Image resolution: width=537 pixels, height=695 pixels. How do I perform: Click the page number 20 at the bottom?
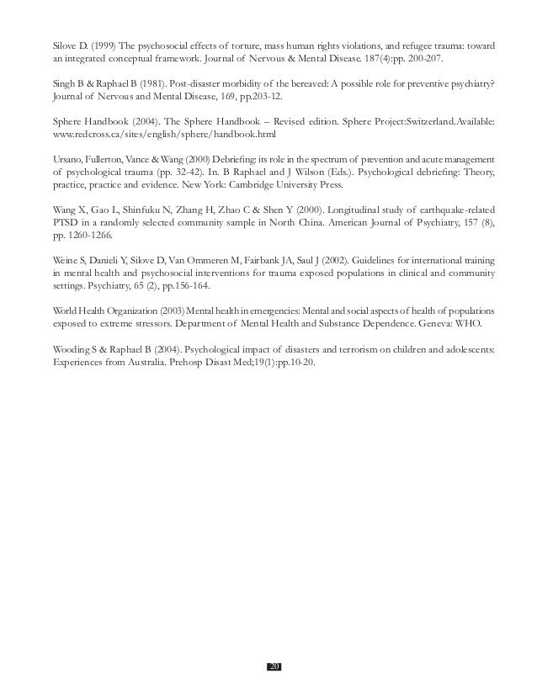point(274,666)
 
